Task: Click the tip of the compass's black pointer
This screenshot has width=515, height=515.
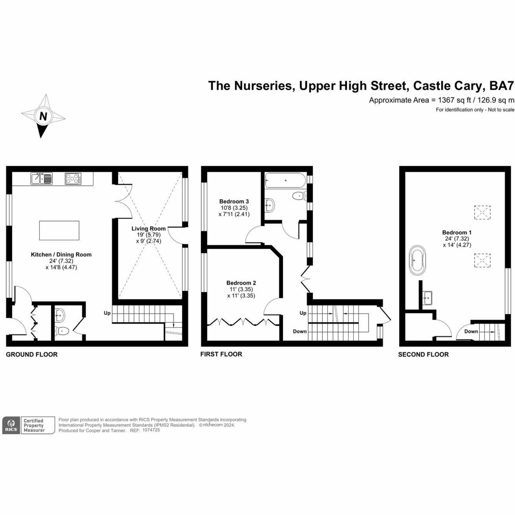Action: point(41,138)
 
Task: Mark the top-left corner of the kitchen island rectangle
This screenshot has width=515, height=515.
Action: point(39,221)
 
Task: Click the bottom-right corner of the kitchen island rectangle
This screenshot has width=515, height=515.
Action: point(79,240)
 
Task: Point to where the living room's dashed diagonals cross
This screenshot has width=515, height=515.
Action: point(150,236)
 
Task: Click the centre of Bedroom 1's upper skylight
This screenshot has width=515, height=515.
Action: point(482,212)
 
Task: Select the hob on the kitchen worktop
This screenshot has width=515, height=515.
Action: point(73,179)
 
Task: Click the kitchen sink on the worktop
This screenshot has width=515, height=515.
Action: point(42,179)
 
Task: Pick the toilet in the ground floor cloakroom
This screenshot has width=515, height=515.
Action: point(62,331)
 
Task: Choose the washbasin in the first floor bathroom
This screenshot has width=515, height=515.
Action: point(270,205)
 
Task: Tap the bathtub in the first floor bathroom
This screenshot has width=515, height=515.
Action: point(285,180)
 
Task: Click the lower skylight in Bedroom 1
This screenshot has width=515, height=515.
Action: point(482,261)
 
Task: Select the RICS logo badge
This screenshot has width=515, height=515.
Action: point(11,425)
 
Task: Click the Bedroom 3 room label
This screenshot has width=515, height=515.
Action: point(234,201)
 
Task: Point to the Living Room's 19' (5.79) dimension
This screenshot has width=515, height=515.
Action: point(148,235)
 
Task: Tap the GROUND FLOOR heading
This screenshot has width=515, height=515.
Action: point(31,354)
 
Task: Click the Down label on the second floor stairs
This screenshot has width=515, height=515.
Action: point(471,331)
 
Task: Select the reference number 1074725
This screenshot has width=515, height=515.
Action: point(151,430)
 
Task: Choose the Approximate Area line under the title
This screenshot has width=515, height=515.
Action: point(442,100)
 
